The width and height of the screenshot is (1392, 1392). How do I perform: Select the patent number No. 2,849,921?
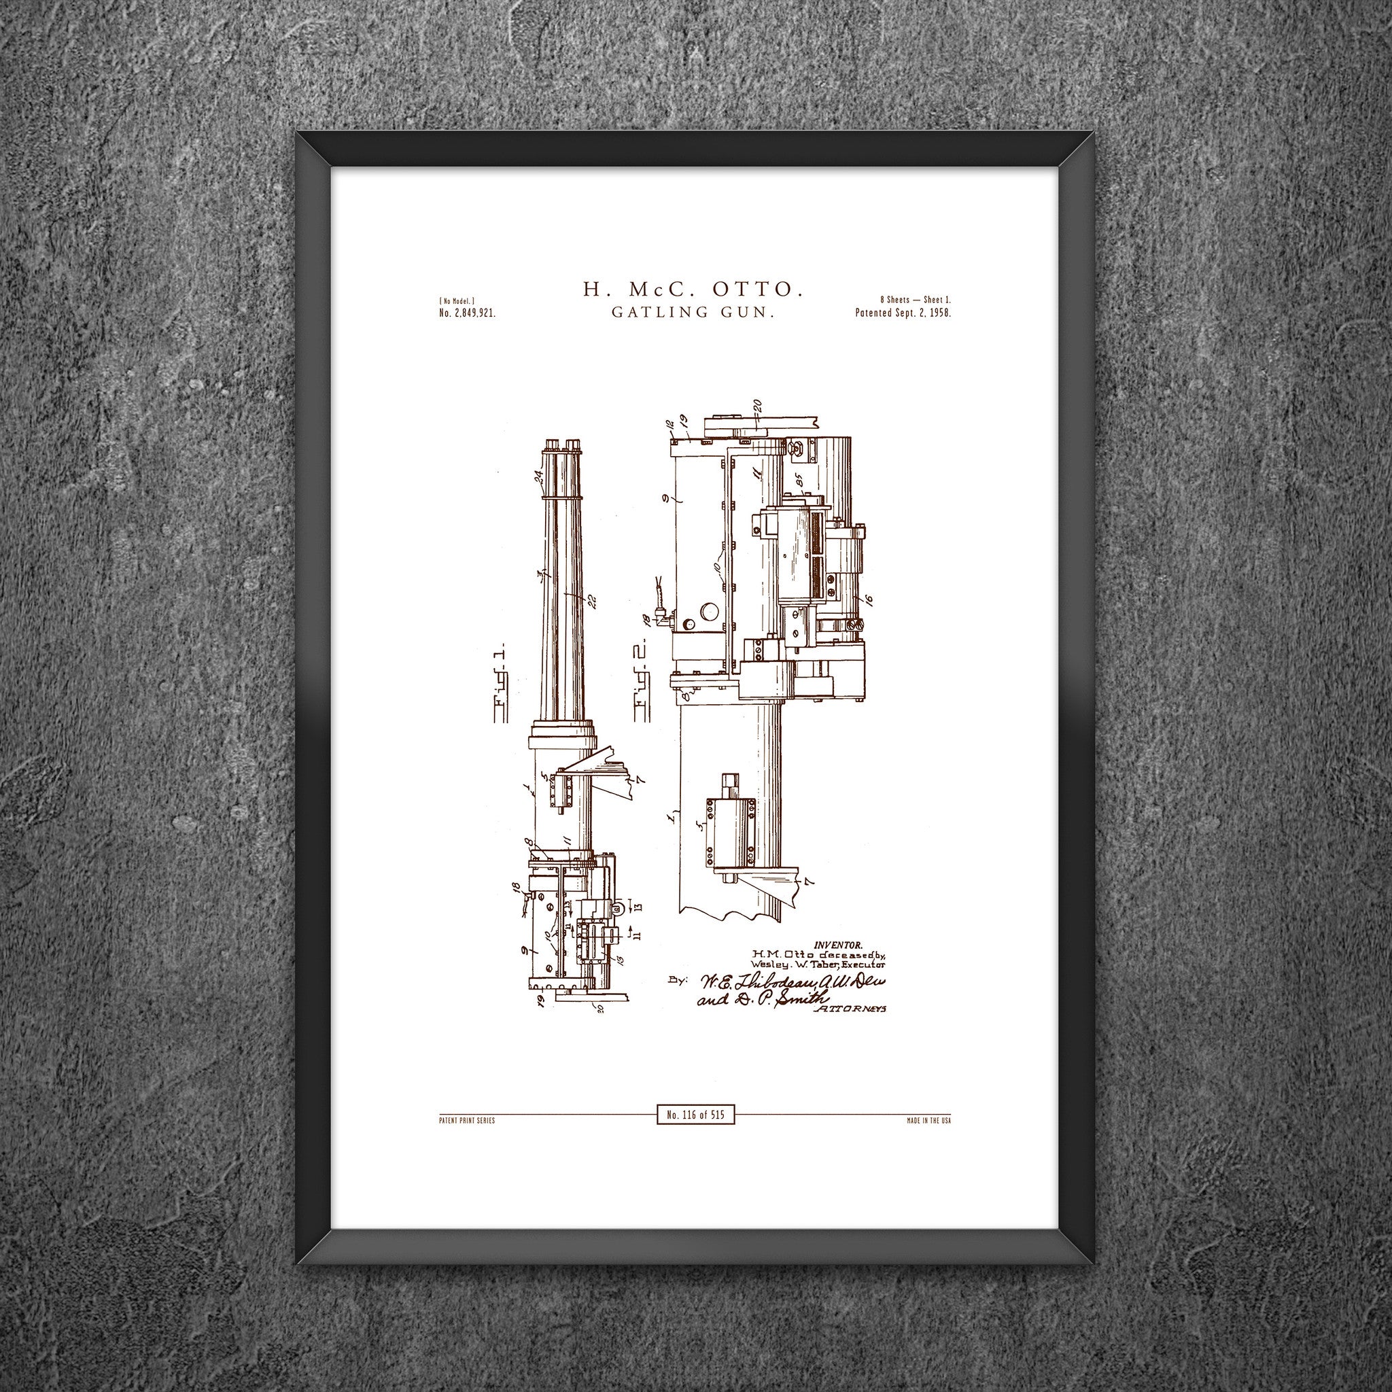[467, 313]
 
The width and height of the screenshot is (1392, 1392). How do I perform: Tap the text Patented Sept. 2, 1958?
[903, 313]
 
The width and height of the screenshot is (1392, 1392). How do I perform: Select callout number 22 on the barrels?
[592, 600]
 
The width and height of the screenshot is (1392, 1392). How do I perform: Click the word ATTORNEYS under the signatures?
[850, 1009]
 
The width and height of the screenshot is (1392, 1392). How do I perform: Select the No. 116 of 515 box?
[695, 1115]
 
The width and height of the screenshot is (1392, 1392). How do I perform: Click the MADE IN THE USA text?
[928, 1121]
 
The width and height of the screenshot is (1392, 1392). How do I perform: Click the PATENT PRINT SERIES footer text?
[466, 1121]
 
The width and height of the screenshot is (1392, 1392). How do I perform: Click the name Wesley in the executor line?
[768, 964]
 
